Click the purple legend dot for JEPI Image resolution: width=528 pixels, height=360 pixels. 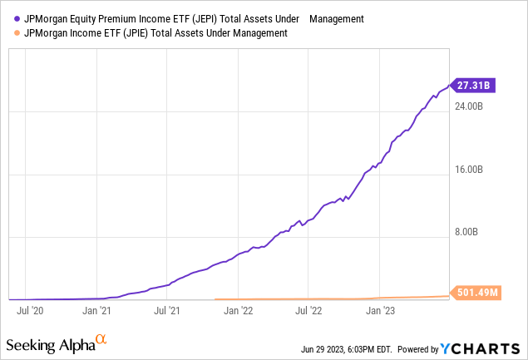tap(17, 17)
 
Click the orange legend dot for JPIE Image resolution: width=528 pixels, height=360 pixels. tap(17, 33)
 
